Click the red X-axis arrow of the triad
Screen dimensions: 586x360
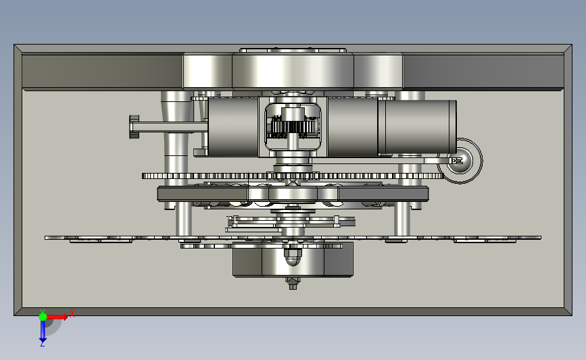[x=57, y=317]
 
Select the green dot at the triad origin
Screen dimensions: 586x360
[x=43, y=317]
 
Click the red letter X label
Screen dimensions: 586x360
[x=72, y=313]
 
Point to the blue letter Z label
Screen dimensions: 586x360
[x=42, y=344]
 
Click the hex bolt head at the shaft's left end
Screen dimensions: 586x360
[x=135, y=126]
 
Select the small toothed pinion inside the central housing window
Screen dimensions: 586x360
[x=293, y=128]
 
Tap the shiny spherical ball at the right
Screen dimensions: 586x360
[x=460, y=161]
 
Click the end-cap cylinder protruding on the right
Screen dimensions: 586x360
[x=417, y=127]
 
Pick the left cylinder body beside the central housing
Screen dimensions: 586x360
[x=233, y=127]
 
